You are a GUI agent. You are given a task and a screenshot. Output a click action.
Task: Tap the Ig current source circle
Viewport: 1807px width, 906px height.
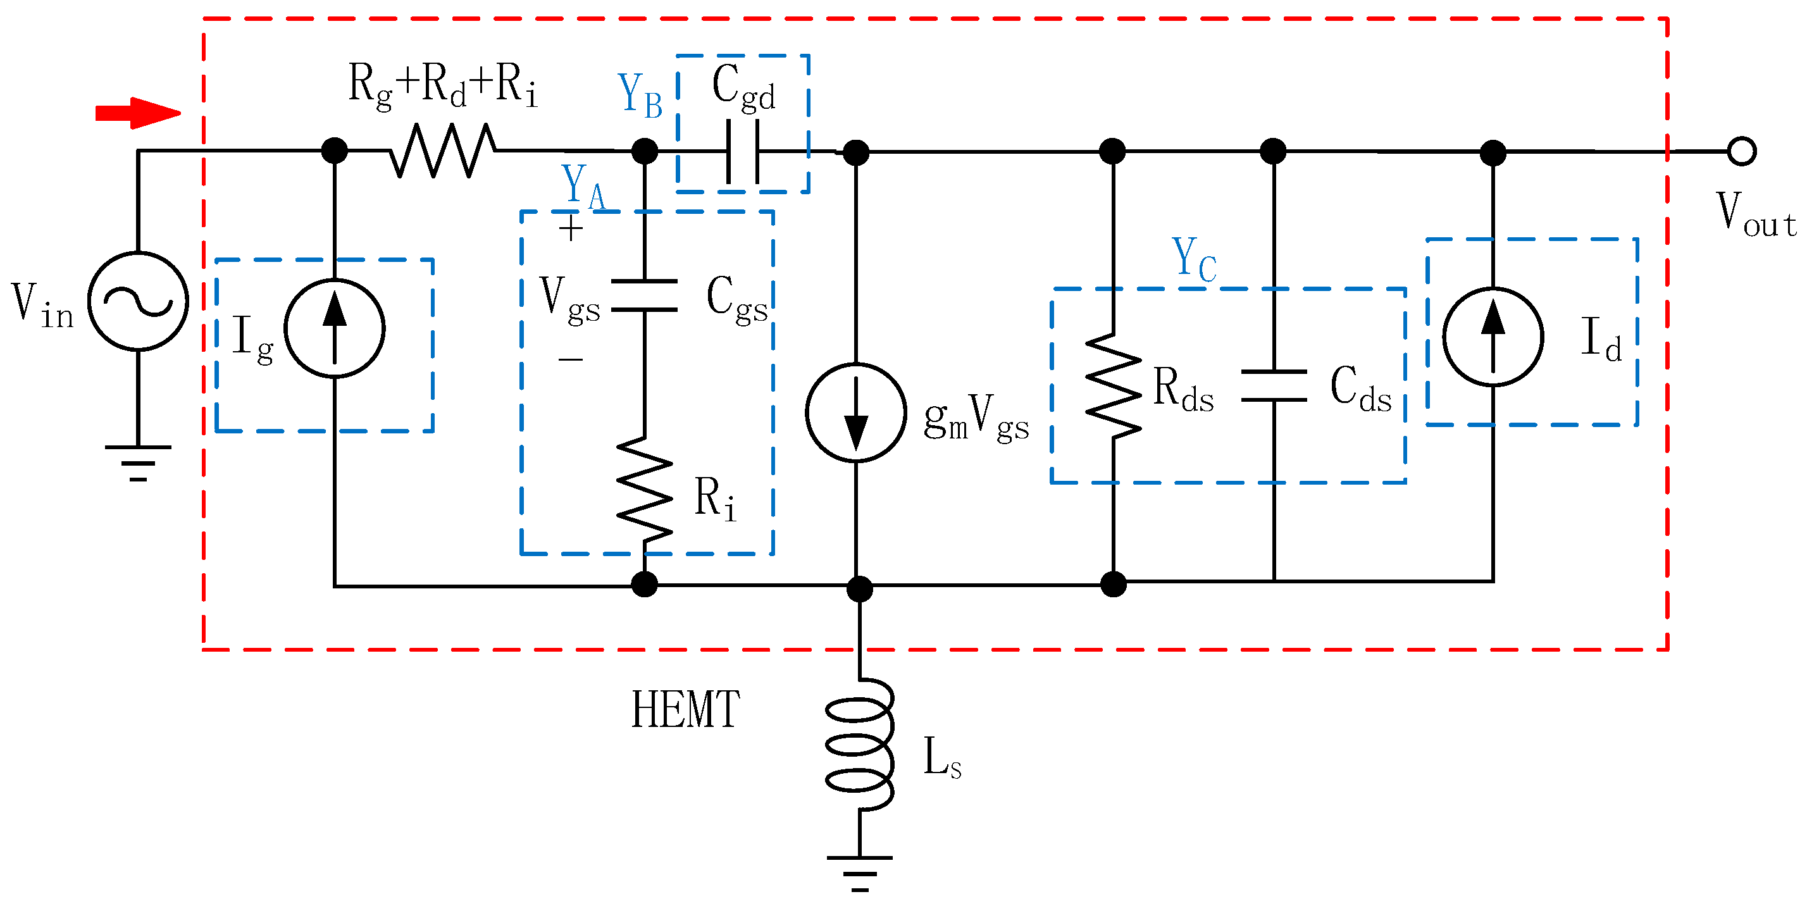pos(335,328)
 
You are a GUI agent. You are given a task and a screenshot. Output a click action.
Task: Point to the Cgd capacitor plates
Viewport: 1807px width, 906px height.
pos(743,151)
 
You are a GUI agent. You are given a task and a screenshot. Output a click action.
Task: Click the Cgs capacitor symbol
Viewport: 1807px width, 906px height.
pos(645,295)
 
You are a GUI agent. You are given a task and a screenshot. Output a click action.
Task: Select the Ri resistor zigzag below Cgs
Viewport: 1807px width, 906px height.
pos(645,490)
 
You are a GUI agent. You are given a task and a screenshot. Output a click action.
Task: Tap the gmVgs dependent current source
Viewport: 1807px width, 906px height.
pos(856,413)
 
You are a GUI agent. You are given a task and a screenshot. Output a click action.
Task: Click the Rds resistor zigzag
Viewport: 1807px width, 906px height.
pos(1114,386)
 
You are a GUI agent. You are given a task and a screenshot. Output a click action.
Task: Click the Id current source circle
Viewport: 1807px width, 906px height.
pos(1493,337)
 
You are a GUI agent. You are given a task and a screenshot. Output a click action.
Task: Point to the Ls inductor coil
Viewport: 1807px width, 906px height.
pos(860,745)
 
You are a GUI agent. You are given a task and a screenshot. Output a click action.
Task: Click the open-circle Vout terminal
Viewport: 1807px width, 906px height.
pos(1742,151)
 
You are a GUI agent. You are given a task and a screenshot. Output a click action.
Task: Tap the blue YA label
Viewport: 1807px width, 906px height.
pos(583,187)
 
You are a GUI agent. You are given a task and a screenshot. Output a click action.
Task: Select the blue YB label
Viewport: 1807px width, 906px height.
pos(640,96)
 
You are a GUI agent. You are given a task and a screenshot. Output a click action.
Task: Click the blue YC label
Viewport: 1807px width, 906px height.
pos(1194,260)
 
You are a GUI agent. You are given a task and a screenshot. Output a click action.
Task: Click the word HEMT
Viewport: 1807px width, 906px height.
pos(685,710)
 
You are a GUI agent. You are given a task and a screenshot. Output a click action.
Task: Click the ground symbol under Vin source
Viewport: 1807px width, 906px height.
pos(138,463)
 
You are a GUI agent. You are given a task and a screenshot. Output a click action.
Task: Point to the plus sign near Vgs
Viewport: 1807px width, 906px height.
pos(571,228)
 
